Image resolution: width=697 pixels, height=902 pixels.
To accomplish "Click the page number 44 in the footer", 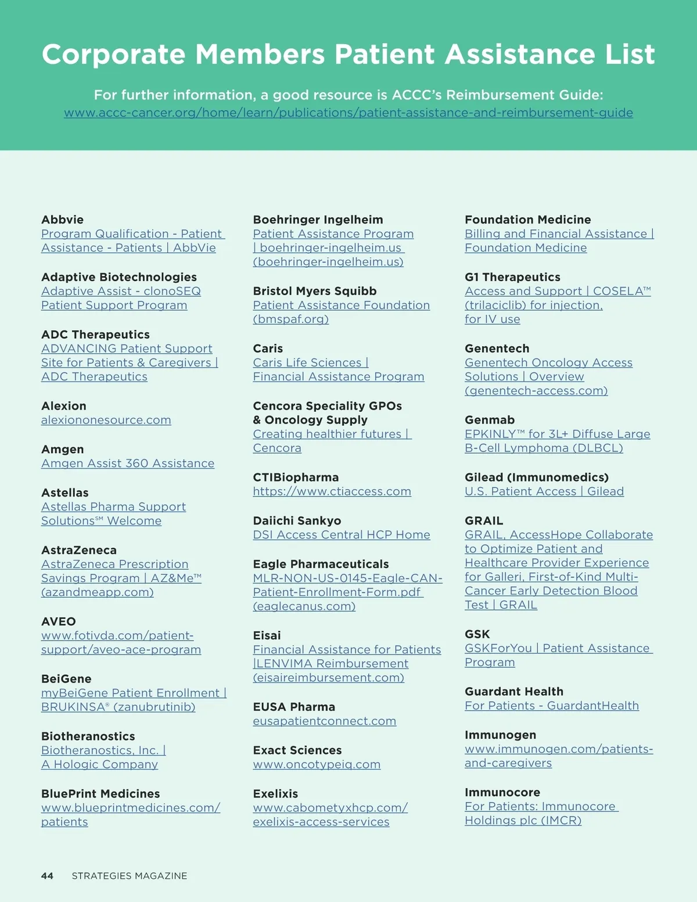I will [x=47, y=875].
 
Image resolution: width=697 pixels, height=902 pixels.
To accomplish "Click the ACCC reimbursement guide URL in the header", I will [x=348, y=113].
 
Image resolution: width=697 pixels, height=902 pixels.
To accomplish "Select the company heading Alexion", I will [x=64, y=406].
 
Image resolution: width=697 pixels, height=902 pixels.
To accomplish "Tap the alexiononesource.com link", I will [x=106, y=420].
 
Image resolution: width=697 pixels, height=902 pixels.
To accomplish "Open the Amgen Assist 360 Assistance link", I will [x=128, y=463].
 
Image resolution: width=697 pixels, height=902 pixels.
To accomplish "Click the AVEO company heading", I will [x=59, y=621].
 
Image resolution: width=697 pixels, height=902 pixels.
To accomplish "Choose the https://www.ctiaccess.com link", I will [x=332, y=491].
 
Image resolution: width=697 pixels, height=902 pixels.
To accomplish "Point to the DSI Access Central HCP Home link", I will [x=342, y=535].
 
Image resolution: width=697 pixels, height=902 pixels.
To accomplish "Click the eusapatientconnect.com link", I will [x=325, y=721].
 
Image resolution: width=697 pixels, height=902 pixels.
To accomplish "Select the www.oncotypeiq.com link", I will [x=317, y=765].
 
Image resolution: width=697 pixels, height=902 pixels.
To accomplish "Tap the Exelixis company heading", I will [x=275, y=794].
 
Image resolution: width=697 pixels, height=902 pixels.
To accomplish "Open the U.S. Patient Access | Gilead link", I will [x=544, y=491].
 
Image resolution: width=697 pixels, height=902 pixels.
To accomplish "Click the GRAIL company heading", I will [x=484, y=521].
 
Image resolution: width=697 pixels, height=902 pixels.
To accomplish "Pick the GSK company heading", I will [x=477, y=634].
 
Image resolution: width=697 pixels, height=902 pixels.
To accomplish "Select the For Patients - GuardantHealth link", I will [x=552, y=706].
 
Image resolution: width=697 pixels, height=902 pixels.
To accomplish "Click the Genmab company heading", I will [x=490, y=420].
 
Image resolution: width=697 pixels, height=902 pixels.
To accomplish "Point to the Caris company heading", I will [x=268, y=348].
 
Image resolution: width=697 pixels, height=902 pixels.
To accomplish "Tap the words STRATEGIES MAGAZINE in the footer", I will [x=130, y=875].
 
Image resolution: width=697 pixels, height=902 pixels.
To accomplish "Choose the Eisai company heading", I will [x=267, y=635].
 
